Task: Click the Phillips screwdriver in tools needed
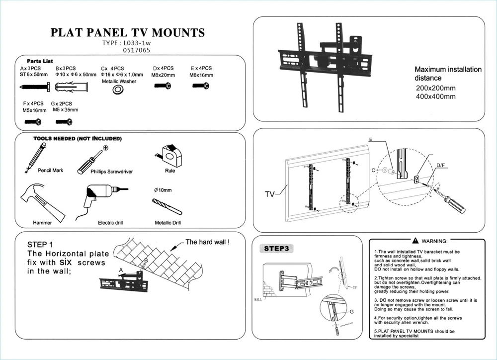(x=92, y=160)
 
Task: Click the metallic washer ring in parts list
(x=118, y=89)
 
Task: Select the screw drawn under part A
(x=34, y=87)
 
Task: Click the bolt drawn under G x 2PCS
(x=64, y=121)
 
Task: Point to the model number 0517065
(x=136, y=50)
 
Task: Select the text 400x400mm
(x=435, y=96)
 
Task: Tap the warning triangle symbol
(x=415, y=241)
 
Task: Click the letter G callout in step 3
(x=351, y=311)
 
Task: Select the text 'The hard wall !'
(x=207, y=243)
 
